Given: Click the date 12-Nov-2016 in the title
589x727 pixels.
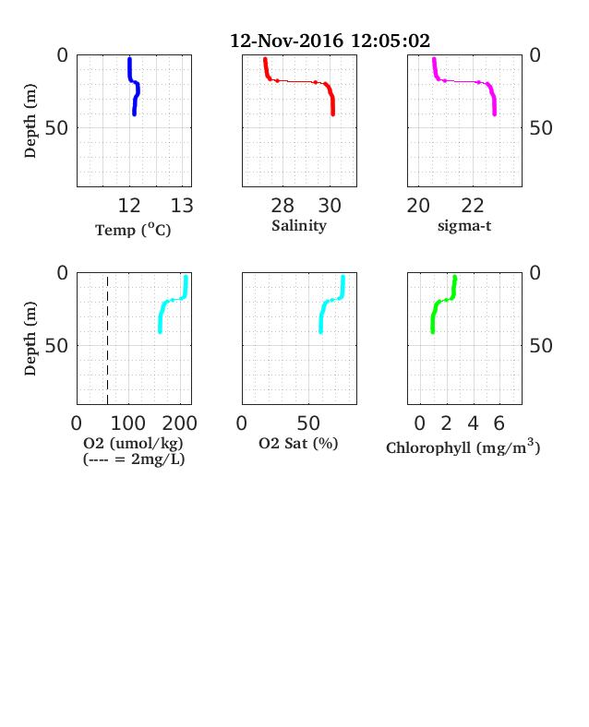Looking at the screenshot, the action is [x=286, y=41].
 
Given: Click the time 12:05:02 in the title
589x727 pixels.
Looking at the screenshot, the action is [x=391, y=41].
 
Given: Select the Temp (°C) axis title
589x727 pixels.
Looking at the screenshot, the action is [x=133, y=230].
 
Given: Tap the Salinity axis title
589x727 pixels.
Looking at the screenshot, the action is [x=299, y=226].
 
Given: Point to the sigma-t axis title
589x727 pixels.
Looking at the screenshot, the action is [x=464, y=226].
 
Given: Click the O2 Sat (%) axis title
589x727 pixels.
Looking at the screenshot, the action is [x=298, y=444].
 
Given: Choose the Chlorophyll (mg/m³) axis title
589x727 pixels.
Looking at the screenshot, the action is [x=463, y=447].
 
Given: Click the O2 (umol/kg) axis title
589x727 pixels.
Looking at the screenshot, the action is [x=134, y=444].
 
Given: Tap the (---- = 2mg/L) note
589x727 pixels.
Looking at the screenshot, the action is [x=134, y=459].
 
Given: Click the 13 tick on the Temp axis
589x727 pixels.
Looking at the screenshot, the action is [x=182, y=206].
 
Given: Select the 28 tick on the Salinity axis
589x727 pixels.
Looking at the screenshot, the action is [x=282, y=206].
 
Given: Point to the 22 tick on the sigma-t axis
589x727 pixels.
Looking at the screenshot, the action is [x=473, y=206].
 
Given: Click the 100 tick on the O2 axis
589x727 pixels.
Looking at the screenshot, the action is [x=128, y=423].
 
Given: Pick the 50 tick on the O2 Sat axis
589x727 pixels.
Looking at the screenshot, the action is [x=308, y=423].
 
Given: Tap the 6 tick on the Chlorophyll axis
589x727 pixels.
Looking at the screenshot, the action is [x=499, y=423].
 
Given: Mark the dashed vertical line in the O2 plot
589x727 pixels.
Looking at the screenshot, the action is [x=108, y=340].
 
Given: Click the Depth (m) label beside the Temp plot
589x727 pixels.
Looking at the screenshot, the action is [x=30, y=121].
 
